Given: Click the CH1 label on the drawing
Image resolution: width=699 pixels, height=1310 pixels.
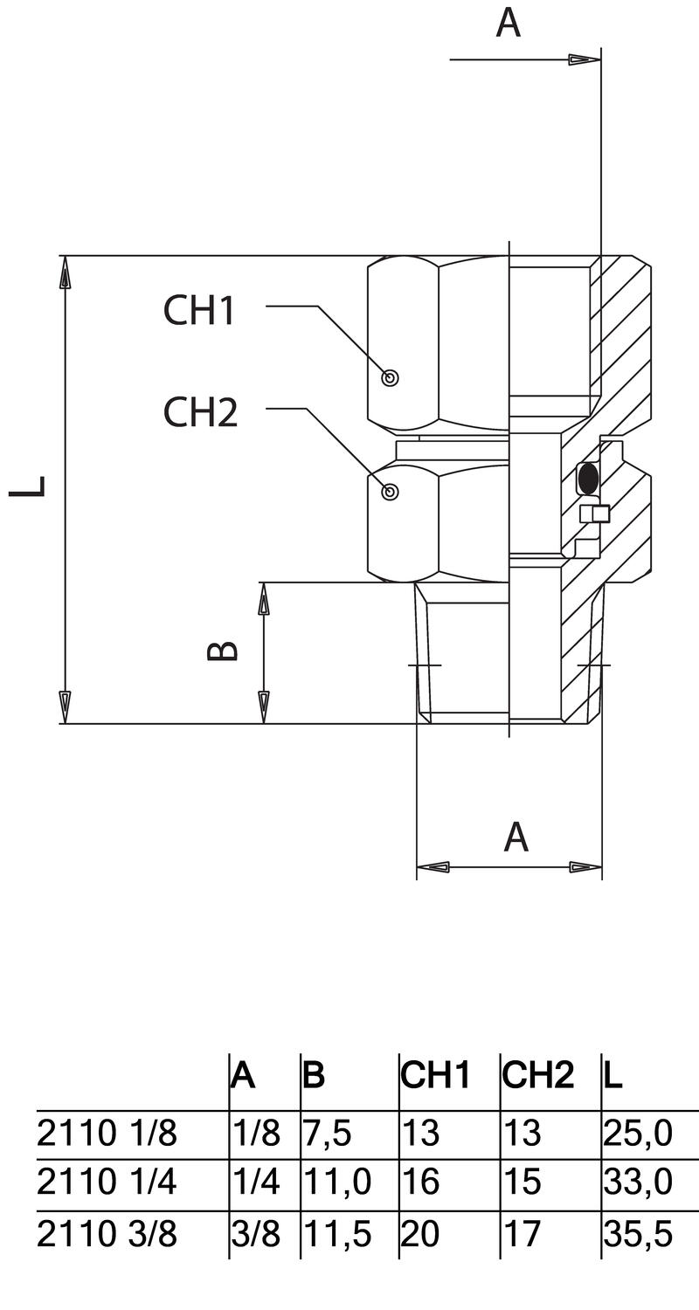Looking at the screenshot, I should [x=199, y=310].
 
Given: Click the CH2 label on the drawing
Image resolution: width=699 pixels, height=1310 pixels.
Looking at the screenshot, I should [x=200, y=412].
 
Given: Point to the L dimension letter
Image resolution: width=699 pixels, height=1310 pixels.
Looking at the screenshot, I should [x=28, y=486].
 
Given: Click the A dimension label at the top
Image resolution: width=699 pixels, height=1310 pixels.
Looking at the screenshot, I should [x=508, y=23].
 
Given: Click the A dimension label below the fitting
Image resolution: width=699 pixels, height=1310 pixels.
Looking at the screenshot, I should [x=516, y=837].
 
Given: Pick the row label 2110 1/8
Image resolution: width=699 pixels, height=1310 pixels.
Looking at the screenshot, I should [x=107, y=1134].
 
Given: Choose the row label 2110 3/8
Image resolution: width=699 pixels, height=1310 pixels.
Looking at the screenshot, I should [x=107, y=1235].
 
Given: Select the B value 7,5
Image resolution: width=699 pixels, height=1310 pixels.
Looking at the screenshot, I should [x=327, y=1134].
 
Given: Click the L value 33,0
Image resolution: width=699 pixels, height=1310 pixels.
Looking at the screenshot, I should [x=637, y=1183].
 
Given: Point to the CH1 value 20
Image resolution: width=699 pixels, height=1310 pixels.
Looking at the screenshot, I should [x=420, y=1235].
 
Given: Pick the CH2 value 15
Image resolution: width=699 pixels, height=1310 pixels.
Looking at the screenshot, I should [x=522, y=1183].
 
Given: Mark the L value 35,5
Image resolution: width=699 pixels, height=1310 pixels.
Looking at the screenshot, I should [x=637, y=1235].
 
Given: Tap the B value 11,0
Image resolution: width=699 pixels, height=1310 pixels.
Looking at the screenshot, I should [x=336, y=1183].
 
